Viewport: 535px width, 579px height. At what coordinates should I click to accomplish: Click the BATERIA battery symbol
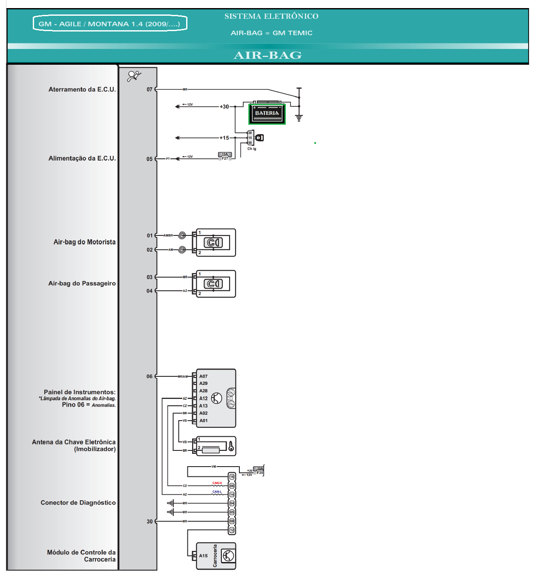(267, 113)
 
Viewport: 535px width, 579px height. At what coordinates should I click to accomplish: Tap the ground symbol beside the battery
(299, 118)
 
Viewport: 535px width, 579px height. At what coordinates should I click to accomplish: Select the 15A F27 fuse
(225, 156)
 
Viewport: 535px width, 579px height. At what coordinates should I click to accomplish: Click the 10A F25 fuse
(259, 470)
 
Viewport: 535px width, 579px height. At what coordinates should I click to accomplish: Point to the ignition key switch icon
(259, 138)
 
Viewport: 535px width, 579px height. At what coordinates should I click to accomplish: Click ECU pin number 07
(150, 89)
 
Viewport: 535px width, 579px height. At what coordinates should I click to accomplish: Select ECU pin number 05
(150, 159)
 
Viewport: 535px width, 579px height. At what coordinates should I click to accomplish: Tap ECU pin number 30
(150, 522)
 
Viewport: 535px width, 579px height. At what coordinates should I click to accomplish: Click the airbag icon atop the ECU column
(134, 76)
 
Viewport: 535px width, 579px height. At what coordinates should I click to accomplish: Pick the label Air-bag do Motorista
(84, 242)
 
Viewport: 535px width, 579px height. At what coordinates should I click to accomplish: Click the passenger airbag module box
(216, 284)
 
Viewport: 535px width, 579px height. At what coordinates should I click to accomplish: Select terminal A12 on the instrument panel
(204, 398)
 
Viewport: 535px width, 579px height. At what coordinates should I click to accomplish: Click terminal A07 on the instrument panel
(204, 376)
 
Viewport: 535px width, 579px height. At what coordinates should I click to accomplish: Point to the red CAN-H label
(217, 483)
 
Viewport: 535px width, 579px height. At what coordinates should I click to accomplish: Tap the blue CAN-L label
(217, 492)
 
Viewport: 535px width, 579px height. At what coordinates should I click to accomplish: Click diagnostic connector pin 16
(232, 477)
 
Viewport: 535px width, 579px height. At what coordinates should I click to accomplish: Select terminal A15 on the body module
(204, 556)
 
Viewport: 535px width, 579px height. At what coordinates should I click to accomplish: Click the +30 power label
(224, 106)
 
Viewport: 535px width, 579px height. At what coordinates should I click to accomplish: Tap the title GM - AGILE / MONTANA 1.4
(109, 24)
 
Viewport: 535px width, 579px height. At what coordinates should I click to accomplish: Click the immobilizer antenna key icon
(231, 446)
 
